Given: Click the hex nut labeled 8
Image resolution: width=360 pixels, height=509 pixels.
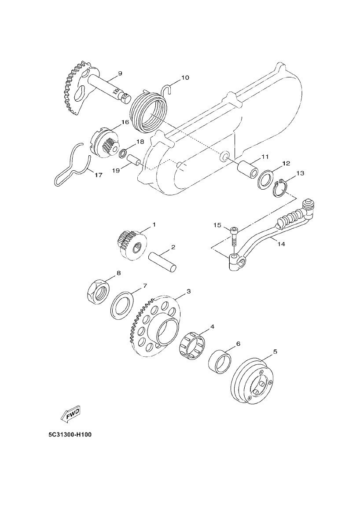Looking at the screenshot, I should click(97, 292).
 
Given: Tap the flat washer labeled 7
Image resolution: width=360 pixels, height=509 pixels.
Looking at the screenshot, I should click(122, 305).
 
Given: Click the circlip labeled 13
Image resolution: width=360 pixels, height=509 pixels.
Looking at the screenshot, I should click(279, 189).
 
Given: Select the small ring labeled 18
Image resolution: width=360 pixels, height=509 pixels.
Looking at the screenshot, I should click(124, 154).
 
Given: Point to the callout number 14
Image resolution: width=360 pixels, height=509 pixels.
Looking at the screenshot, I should click(281, 244).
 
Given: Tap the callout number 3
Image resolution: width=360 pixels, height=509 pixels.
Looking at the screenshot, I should click(188, 291).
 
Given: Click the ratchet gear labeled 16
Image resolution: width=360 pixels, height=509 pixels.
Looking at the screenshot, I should click(104, 142).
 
